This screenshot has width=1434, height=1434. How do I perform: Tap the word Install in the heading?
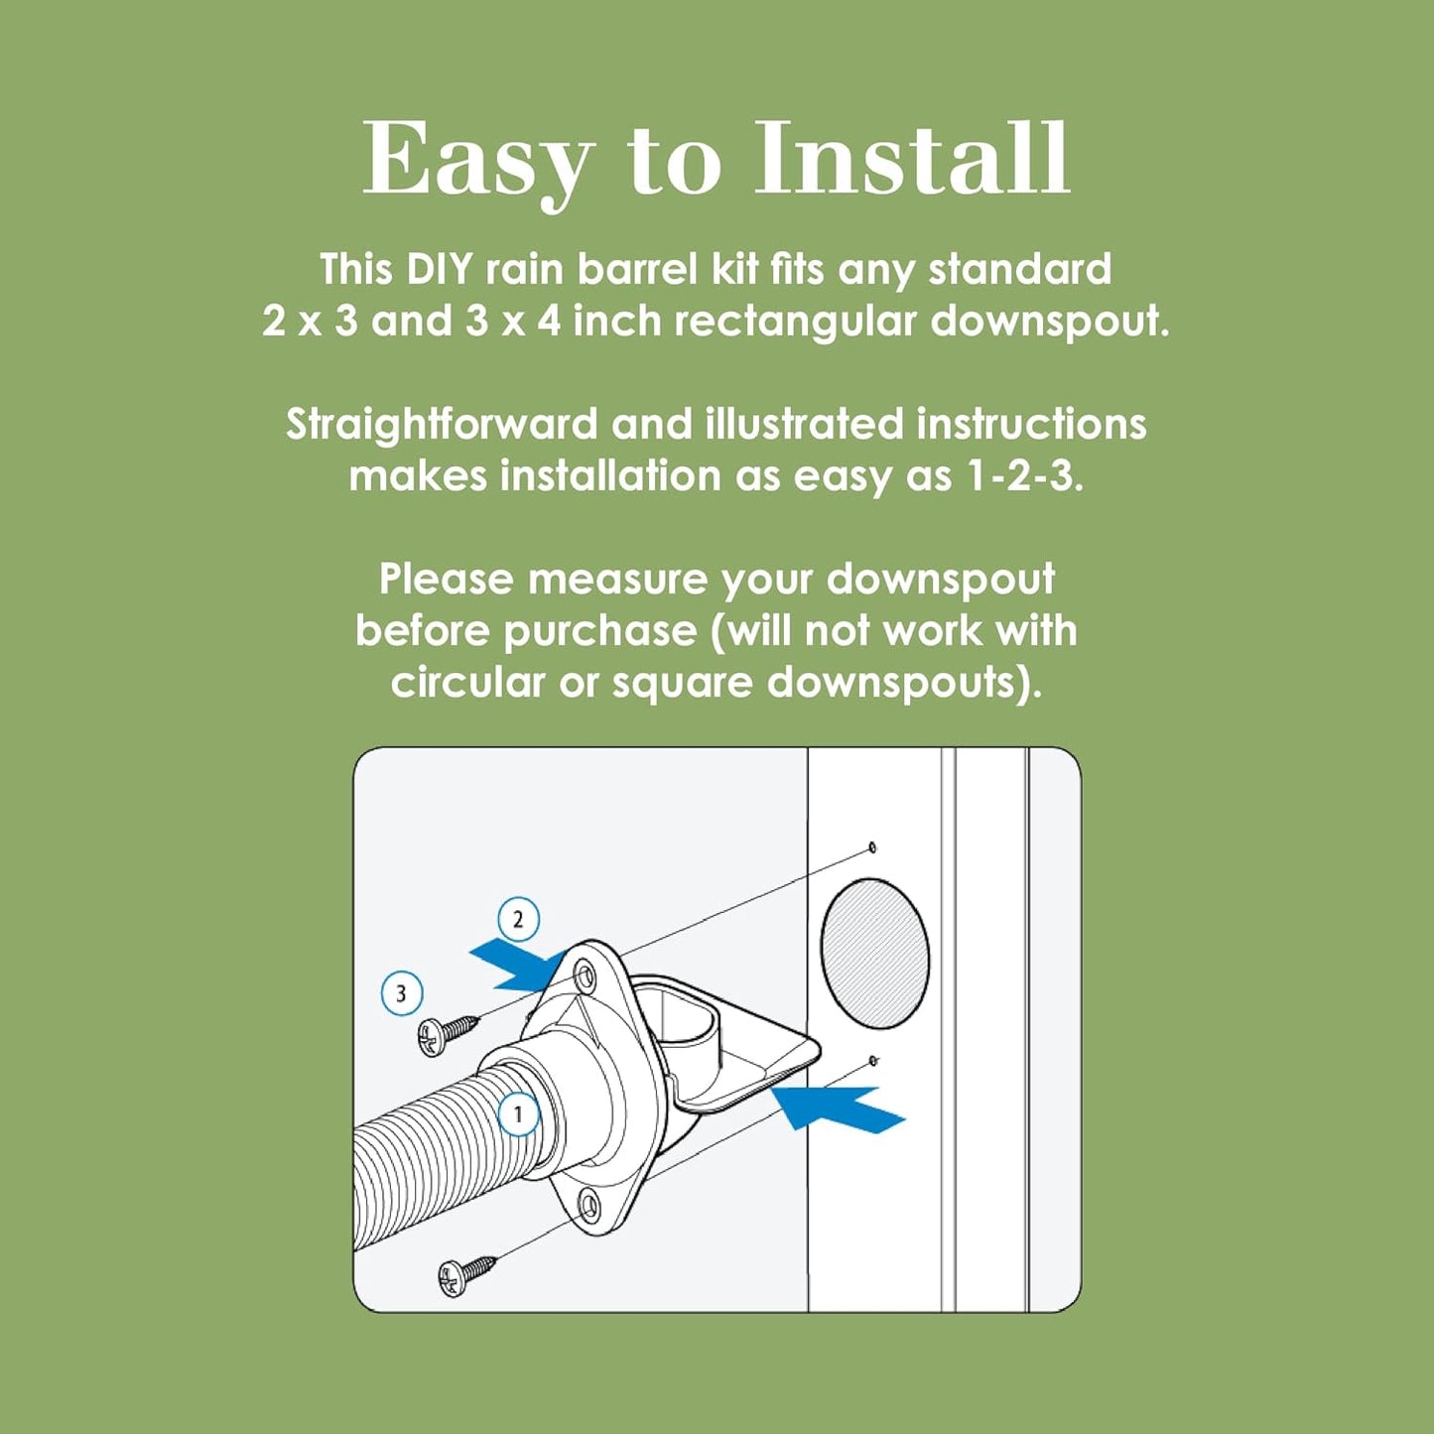[x=912, y=159]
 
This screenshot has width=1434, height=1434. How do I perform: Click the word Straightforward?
[x=442, y=425]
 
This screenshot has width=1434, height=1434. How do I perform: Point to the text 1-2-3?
[x=1022, y=476]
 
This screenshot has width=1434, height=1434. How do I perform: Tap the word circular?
[x=467, y=683]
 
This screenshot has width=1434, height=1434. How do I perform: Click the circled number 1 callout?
[x=518, y=1114]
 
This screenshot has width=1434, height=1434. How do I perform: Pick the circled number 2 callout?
[x=518, y=919]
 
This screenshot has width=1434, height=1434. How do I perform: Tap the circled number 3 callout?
[x=402, y=993]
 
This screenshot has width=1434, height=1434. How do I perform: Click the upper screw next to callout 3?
[x=447, y=1033]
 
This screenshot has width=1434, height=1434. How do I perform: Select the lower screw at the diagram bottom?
[x=465, y=1274]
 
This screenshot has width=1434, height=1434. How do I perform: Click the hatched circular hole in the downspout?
[x=874, y=953]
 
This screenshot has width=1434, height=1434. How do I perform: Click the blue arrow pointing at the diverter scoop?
[x=839, y=1107]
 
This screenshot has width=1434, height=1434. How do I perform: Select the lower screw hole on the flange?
[x=589, y=1208]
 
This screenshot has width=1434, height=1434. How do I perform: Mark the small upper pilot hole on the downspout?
[x=872, y=847]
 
